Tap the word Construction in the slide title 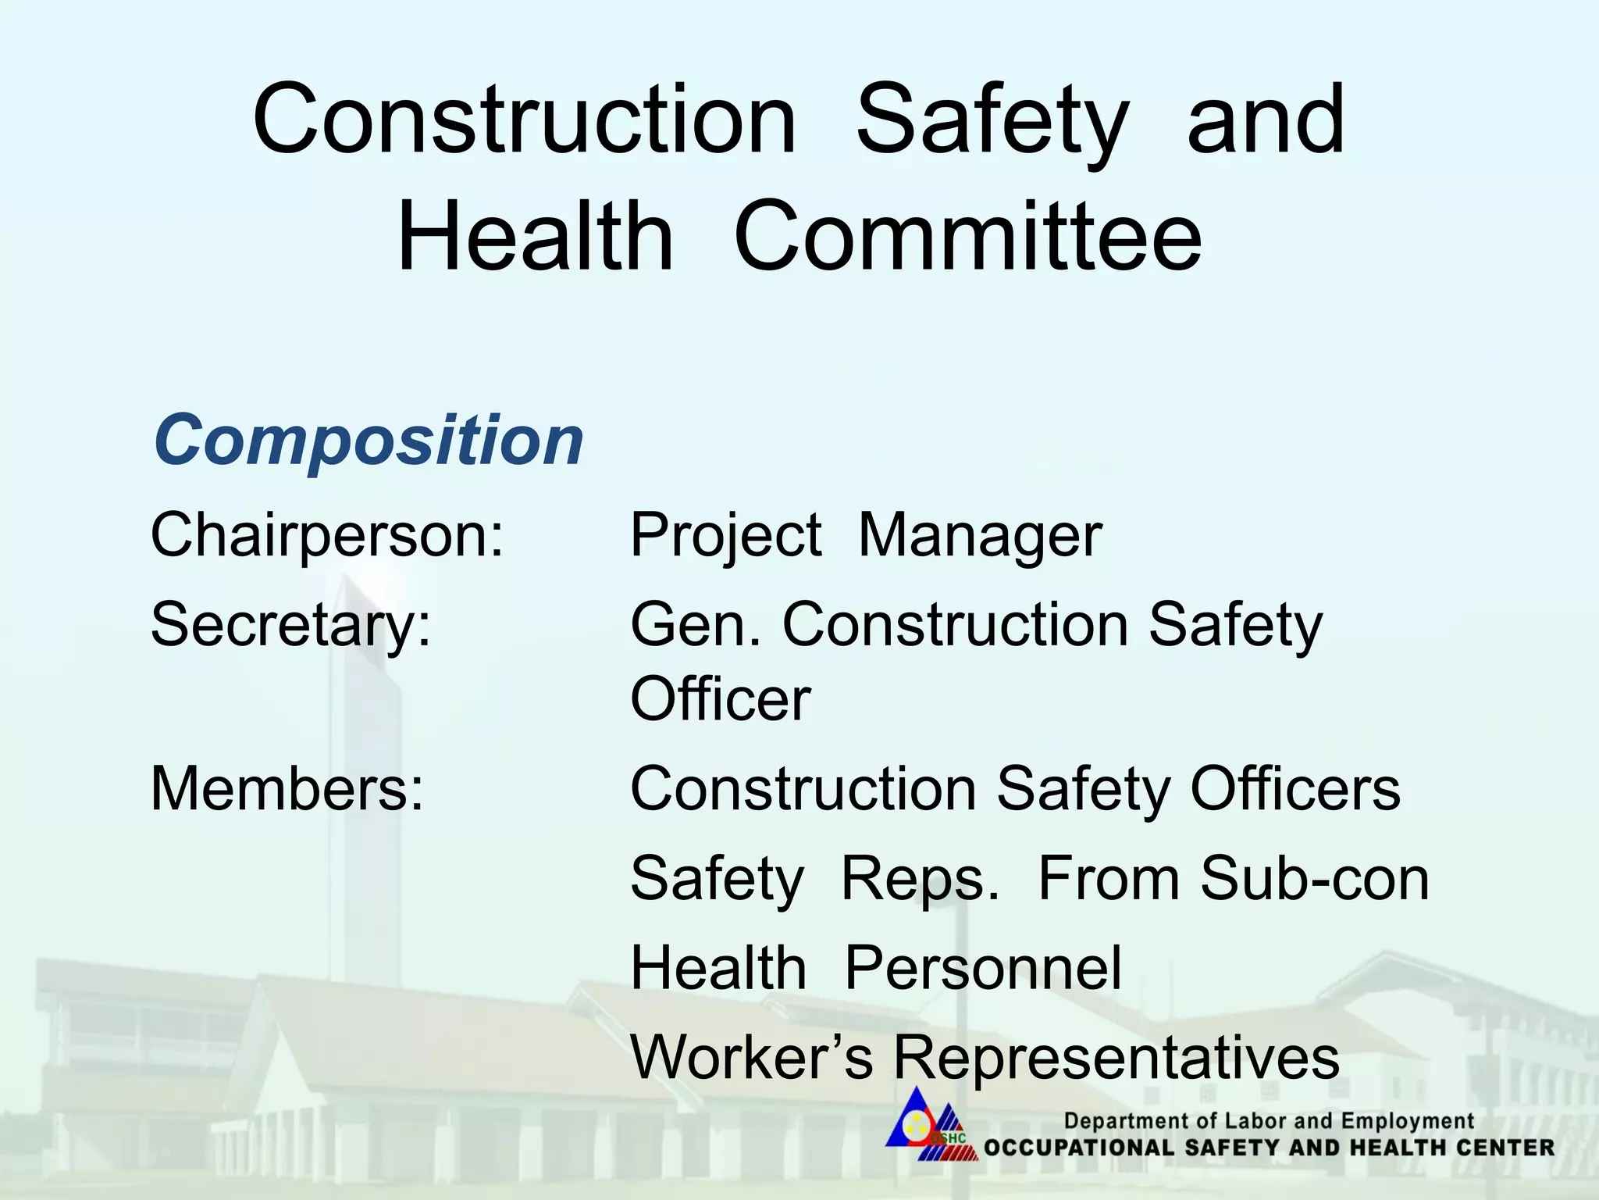pos(525,120)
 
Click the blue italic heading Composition pos(368,440)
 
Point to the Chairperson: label pos(327,535)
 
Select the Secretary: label pos(290,625)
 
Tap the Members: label pos(287,789)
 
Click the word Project pos(725,537)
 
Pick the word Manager pos(980,537)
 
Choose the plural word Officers pos(1295,789)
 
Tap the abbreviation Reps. pos(920,880)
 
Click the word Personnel pos(983,968)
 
